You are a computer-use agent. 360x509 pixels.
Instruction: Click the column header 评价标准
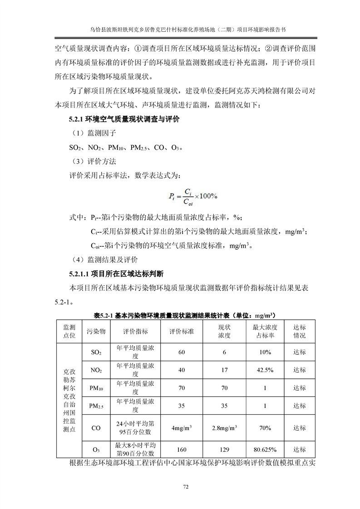(x=182, y=332)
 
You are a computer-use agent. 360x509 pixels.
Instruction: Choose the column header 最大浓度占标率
(x=265, y=332)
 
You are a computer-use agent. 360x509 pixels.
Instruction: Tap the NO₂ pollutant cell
(x=96, y=370)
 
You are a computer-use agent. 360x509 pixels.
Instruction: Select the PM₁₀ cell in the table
(x=96, y=388)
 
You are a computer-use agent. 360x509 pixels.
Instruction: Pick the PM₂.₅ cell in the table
(x=96, y=406)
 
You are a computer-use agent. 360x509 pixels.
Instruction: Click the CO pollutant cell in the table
(x=96, y=428)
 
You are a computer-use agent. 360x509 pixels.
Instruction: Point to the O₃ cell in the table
(x=96, y=450)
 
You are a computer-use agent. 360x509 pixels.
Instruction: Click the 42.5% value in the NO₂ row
(x=265, y=370)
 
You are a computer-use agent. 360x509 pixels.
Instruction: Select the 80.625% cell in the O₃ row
(x=265, y=450)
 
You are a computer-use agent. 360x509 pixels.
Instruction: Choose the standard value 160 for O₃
(x=182, y=450)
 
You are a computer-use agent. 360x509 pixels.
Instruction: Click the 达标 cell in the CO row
(x=300, y=428)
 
